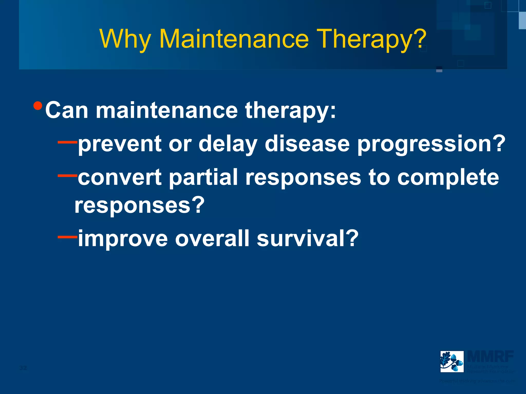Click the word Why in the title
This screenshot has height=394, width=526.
(125, 39)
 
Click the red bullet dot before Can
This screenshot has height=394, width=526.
(38, 105)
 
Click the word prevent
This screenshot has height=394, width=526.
(120, 144)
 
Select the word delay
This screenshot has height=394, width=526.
(228, 144)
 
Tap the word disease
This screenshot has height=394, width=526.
(307, 144)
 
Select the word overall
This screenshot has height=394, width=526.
(212, 239)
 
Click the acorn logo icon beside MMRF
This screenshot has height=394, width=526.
(452, 361)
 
